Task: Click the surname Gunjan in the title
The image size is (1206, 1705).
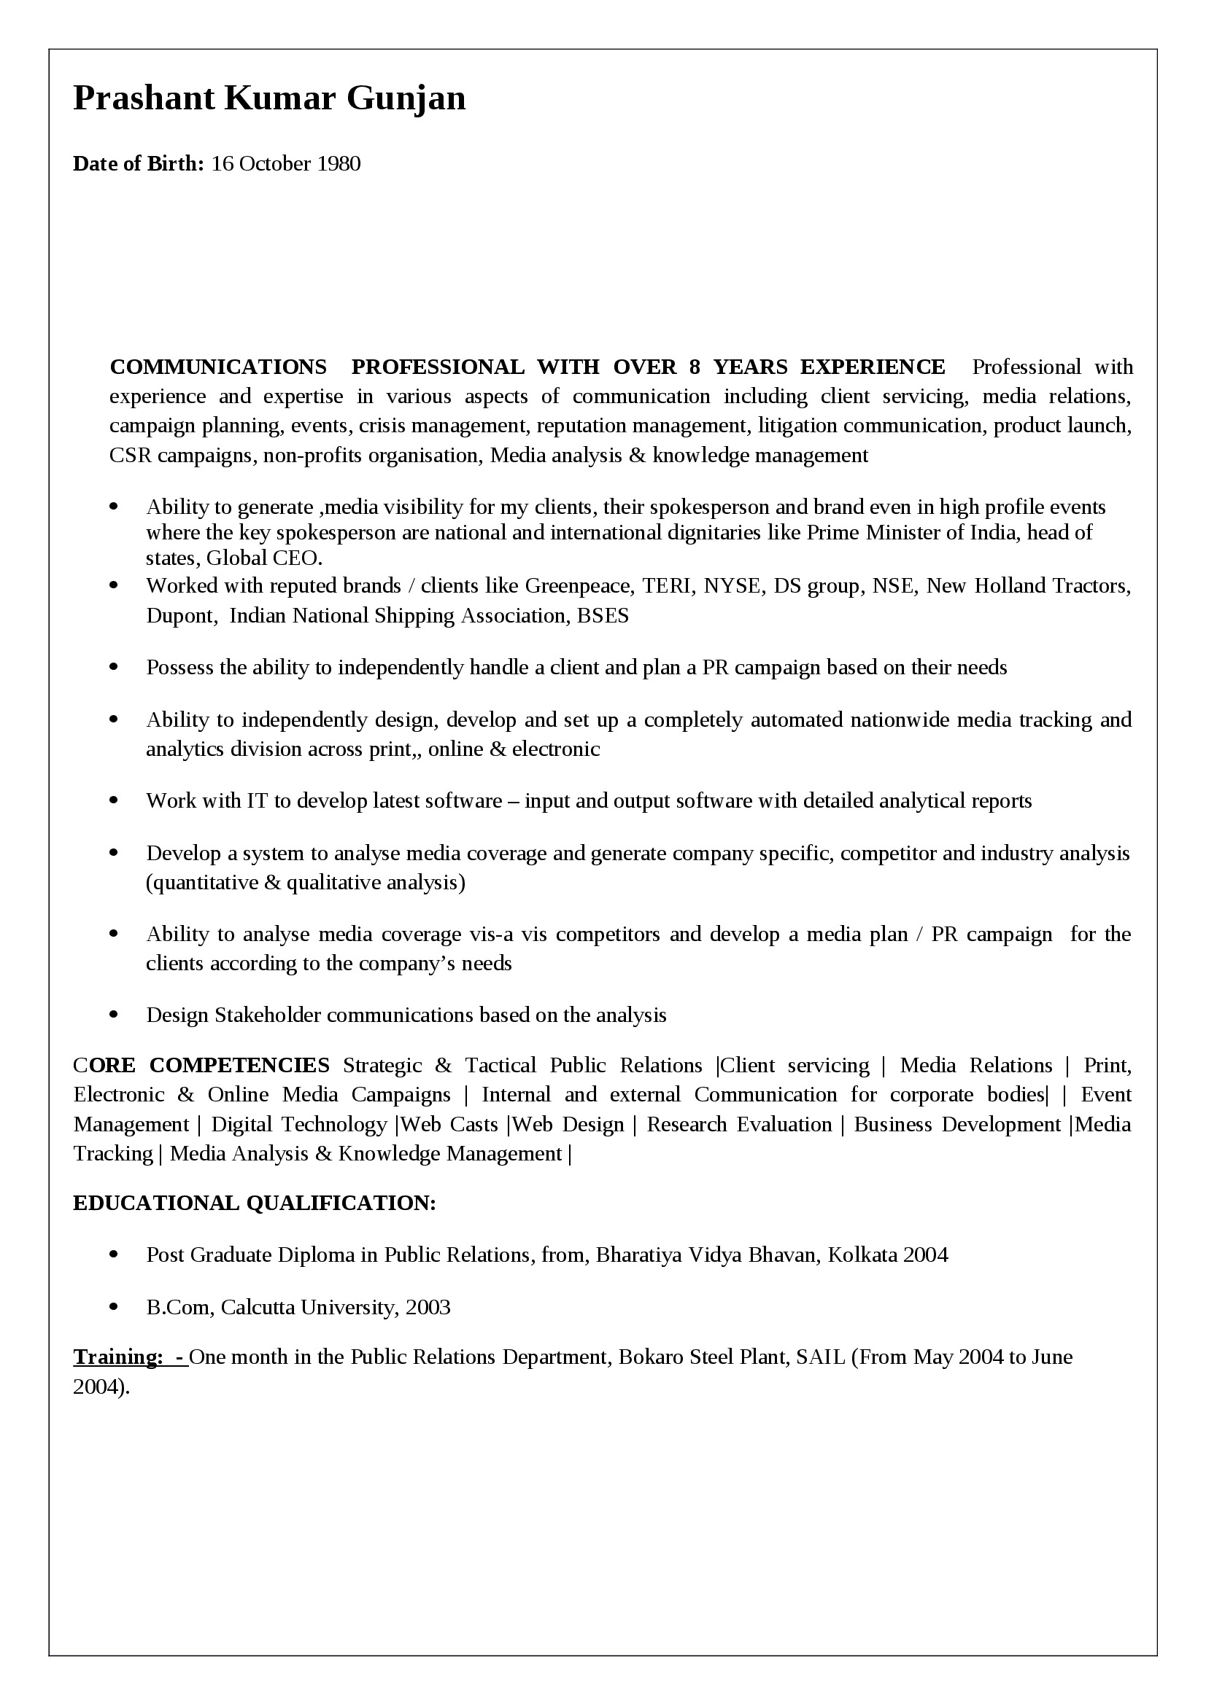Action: (406, 98)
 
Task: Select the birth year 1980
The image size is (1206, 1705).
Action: (338, 163)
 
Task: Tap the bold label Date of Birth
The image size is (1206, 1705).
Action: (137, 163)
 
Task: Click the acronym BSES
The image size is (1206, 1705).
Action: (603, 616)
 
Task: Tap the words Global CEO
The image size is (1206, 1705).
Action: (264, 558)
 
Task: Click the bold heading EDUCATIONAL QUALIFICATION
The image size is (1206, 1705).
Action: (254, 1203)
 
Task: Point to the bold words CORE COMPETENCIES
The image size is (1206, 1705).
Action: (201, 1065)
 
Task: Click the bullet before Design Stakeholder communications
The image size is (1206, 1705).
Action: (114, 1015)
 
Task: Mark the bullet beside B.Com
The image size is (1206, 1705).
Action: (114, 1307)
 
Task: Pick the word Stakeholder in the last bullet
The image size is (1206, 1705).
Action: (268, 1015)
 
